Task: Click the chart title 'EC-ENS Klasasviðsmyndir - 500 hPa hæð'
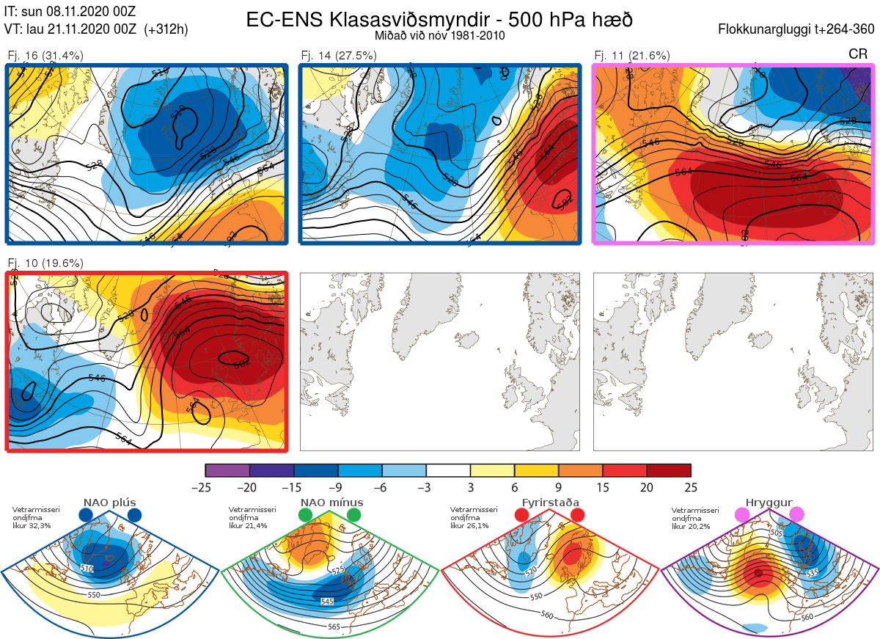tap(439, 19)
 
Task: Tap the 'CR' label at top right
tap(858, 54)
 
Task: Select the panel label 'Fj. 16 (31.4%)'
tap(45, 56)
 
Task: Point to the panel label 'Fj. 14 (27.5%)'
tap(339, 56)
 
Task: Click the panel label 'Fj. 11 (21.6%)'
tap(632, 56)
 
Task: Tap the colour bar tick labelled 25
tap(691, 487)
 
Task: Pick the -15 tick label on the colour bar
tap(293, 487)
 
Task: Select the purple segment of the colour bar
tap(227, 470)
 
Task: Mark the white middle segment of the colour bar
tap(448, 470)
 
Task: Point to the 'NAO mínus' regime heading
tap(331, 503)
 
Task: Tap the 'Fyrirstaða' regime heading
tap(550, 503)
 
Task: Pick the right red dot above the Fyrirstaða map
tap(576, 516)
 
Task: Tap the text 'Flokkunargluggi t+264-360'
tap(798, 29)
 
